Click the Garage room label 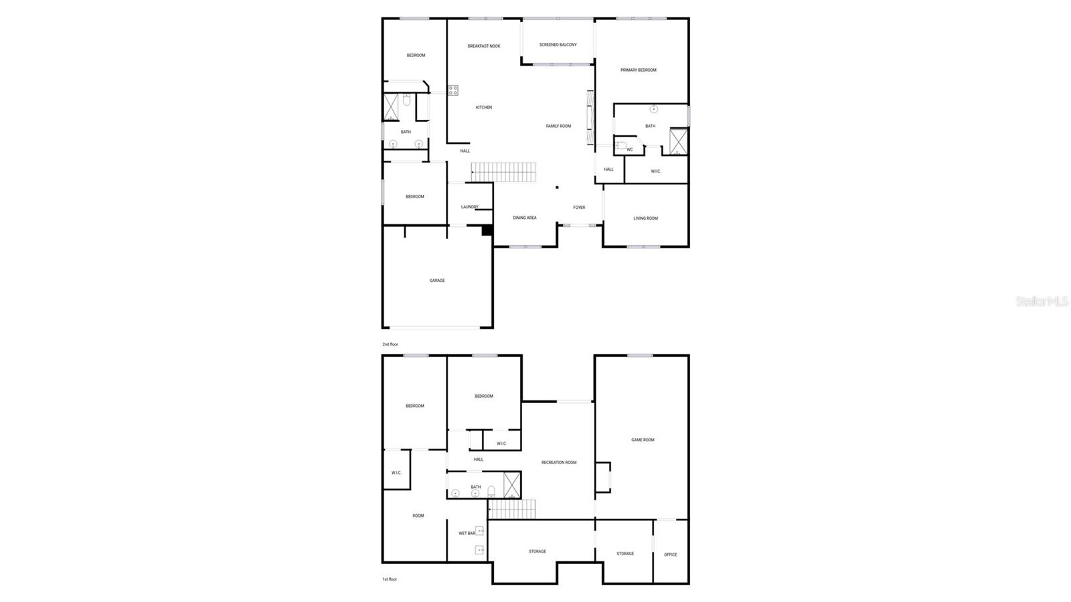tap(437, 281)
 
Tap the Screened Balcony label tap(558, 45)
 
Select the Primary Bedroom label tap(638, 70)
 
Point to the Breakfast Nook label tap(483, 46)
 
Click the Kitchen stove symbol tap(453, 90)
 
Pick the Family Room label tap(558, 126)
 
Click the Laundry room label tap(469, 207)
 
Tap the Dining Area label tap(524, 218)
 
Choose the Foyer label tap(579, 208)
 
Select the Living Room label tap(645, 218)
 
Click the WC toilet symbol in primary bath tap(621, 145)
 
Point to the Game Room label tap(643, 440)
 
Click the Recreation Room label tap(558, 463)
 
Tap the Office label tap(670, 554)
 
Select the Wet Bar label tap(467, 533)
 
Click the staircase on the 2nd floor tap(504, 172)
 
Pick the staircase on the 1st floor tap(512, 509)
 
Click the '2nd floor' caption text tap(390, 344)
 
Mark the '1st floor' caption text tap(390, 579)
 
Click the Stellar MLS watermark tap(1042, 301)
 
